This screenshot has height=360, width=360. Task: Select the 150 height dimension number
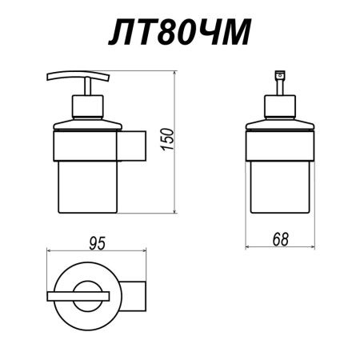pyautogui.click(x=190, y=145)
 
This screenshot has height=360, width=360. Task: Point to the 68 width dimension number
pyautogui.click(x=278, y=238)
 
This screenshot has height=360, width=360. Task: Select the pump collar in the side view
pyautogui.click(x=86, y=106)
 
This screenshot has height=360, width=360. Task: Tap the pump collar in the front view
pyautogui.click(x=279, y=106)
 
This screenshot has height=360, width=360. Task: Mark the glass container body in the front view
pyautogui.click(x=279, y=188)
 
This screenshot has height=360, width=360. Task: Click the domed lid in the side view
pyautogui.click(x=86, y=123)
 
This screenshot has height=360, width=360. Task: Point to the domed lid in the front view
pyautogui.click(x=279, y=123)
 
